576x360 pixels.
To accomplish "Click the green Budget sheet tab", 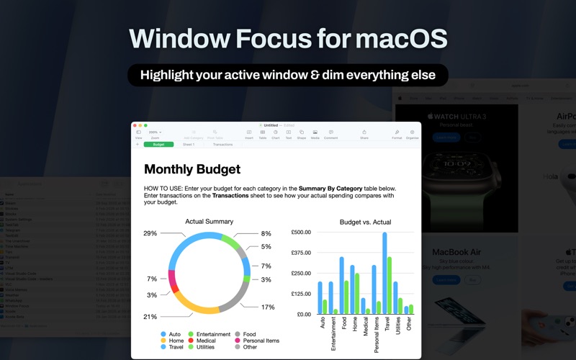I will point(158,145).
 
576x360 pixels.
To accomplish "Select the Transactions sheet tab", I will point(222,145).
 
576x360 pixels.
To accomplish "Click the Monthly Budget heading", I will point(192,170).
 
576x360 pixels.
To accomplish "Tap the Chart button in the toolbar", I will point(275,134).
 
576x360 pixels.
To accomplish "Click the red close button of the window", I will point(135,125).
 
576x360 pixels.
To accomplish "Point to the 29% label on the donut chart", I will point(150,233).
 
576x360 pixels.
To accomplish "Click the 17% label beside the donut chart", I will point(268,307).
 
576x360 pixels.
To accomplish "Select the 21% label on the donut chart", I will point(150,317).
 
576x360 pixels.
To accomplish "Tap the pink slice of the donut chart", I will point(172,278).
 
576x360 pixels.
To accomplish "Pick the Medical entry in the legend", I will point(206,341).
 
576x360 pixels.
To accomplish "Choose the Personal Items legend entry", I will point(261,341).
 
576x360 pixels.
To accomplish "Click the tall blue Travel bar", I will point(384,274).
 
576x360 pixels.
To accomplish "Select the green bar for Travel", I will point(390,285).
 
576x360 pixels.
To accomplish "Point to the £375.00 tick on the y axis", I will point(301,253).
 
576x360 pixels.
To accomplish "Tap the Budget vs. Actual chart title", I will point(365,222).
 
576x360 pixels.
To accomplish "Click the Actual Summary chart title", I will point(209,222).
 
